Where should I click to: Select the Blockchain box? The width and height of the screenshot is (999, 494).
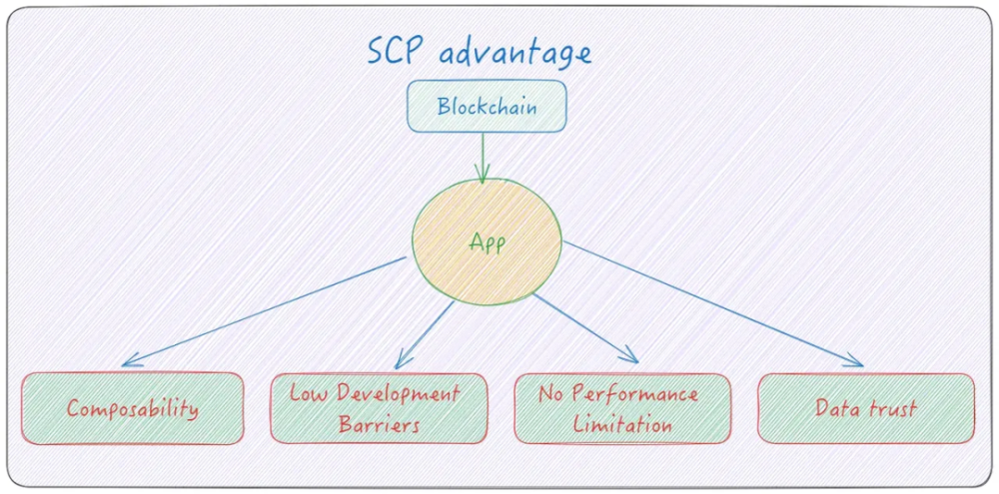coord(487,106)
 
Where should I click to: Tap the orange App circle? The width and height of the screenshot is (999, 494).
coord(487,243)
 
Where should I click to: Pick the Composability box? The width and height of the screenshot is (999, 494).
coord(133,408)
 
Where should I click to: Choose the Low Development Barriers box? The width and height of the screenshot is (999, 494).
coord(379,408)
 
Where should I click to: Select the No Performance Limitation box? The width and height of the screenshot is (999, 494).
coord(622,408)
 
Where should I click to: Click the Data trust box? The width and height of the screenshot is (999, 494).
coord(866,408)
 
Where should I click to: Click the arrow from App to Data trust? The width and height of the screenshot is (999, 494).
coord(714,304)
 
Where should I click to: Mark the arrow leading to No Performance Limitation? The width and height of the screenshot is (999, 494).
coord(584,326)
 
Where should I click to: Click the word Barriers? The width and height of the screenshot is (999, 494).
coord(379,423)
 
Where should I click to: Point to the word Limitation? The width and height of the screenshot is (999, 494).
coord(622,424)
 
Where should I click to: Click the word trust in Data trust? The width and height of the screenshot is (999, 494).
coord(894,407)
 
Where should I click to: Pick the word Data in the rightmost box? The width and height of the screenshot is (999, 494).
coord(837,407)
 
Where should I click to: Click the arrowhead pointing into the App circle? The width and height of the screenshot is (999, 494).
coord(483,178)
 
